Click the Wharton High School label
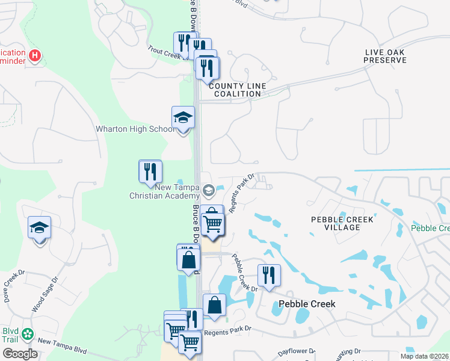(x=135, y=129)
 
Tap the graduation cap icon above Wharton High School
(x=183, y=117)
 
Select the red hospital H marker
(x=35, y=57)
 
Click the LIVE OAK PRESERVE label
(x=386, y=57)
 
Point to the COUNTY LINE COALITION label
(x=238, y=90)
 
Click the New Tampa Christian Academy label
(x=165, y=191)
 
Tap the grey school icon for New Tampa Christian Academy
(x=209, y=191)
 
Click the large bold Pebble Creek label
(x=306, y=304)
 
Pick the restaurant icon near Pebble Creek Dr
(x=268, y=276)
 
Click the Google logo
(x=20, y=354)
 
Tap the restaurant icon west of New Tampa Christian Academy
(x=150, y=171)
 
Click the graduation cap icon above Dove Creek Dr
(x=39, y=228)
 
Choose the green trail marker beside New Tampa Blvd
(x=28, y=335)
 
